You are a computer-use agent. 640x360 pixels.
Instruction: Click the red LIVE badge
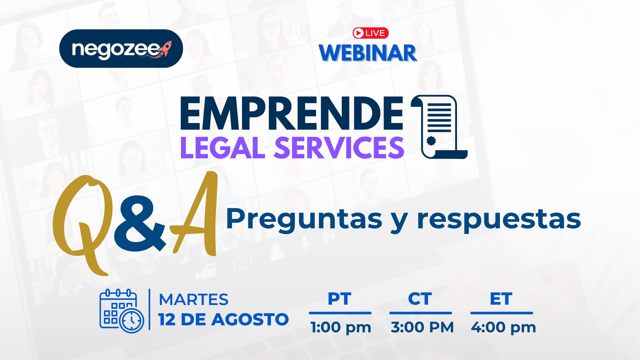[371, 33]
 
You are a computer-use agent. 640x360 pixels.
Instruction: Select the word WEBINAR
[368, 53]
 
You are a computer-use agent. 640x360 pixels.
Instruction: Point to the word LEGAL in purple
[223, 148]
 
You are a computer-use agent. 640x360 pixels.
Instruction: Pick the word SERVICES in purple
[339, 148]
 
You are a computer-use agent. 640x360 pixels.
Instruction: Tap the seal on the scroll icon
[431, 141]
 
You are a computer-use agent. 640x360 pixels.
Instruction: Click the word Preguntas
[304, 219]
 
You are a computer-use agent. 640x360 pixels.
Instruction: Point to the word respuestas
[499, 219]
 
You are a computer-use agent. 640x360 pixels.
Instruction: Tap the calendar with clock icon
[122, 311]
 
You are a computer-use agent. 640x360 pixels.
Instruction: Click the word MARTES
[194, 299]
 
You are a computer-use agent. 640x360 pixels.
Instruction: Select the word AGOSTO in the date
[250, 319]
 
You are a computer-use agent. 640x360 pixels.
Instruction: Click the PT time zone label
[340, 299]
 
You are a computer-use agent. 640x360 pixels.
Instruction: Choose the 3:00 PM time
[422, 327]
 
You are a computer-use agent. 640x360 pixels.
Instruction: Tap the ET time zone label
[501, 299]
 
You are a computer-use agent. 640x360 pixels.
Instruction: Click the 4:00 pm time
[503, 327]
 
